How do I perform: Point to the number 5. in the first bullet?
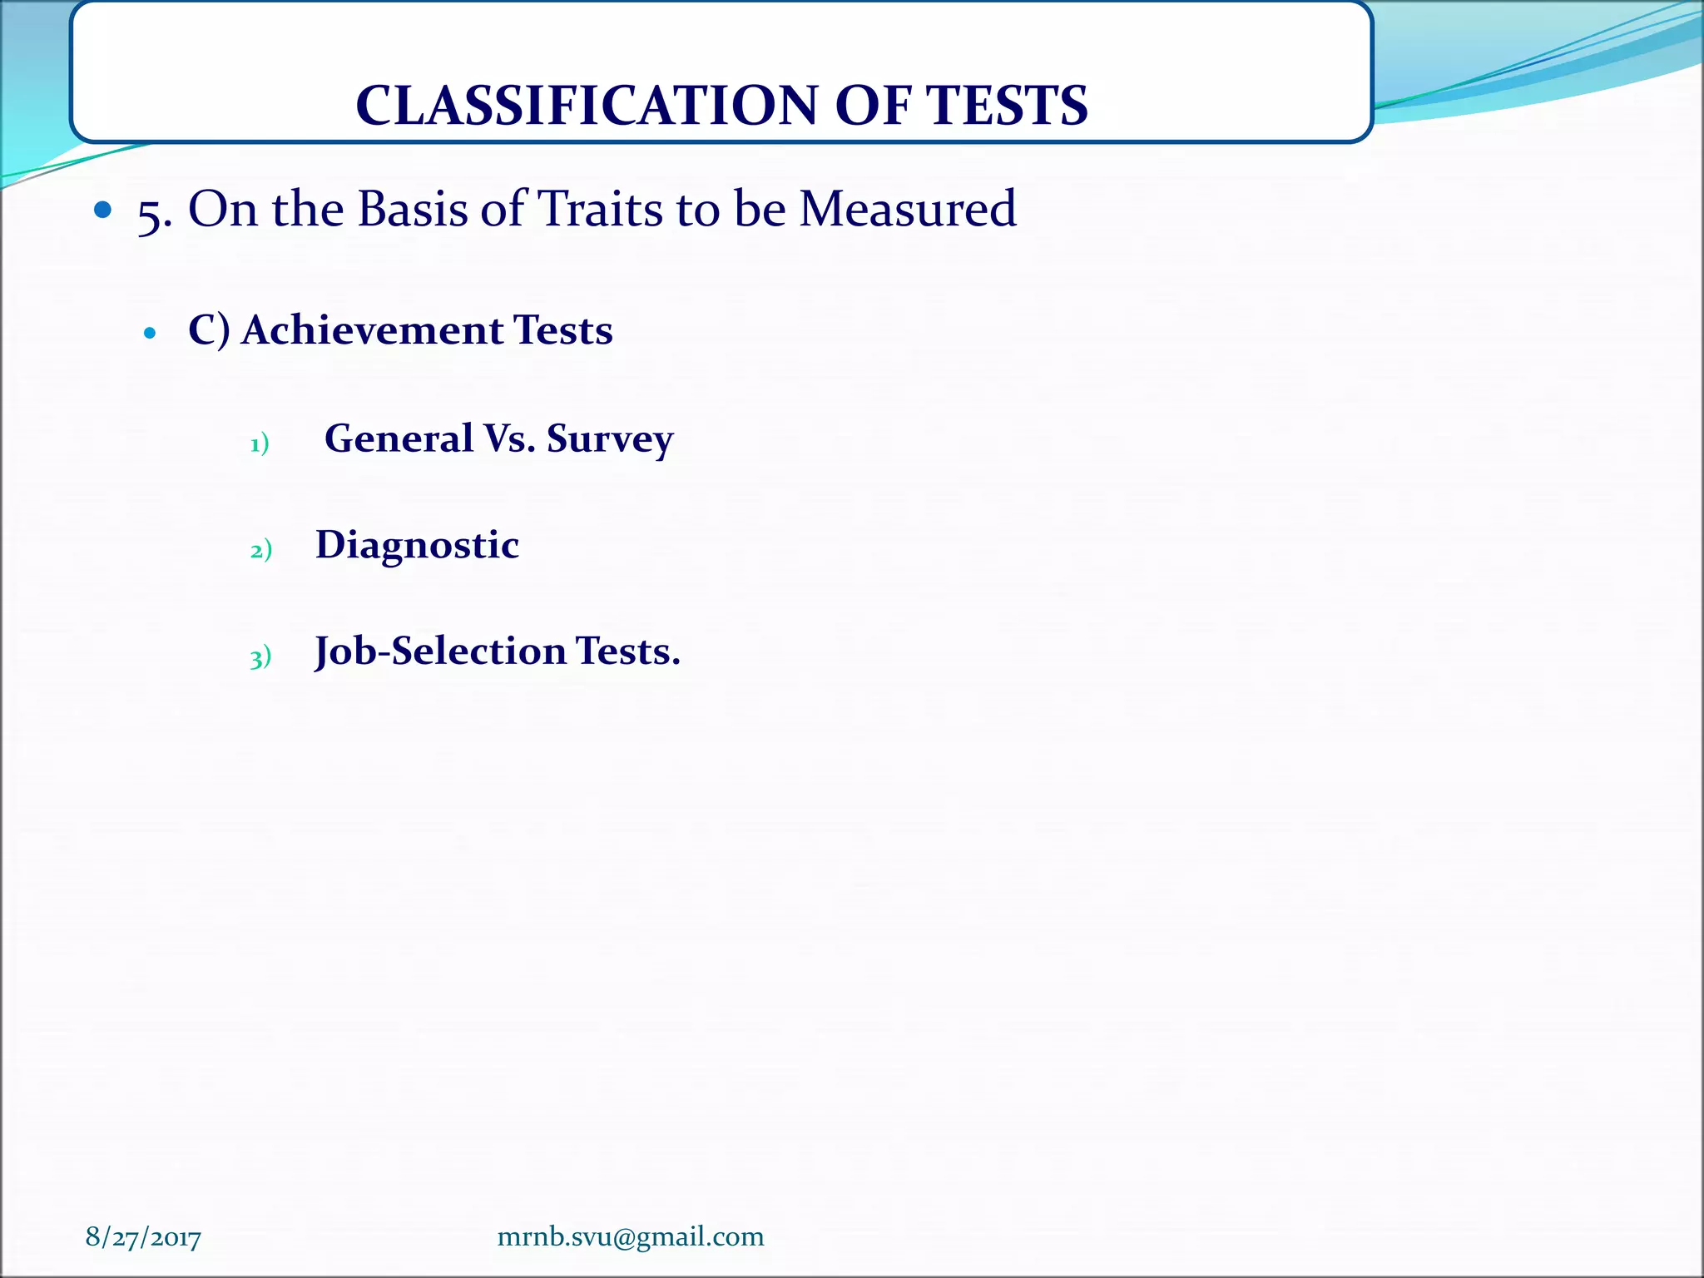[155, 212]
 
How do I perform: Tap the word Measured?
[908, 208]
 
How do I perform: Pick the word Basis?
[413, 208]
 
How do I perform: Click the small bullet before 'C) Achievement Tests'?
[150, 334]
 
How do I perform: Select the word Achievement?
[373, 329]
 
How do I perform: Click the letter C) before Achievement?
[208, 330]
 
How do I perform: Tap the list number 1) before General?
[260, 443]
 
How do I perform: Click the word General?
[399, 438]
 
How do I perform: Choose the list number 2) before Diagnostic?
[260, 550]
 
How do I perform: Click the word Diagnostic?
[417, 546]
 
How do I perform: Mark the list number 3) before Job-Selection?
[260, 658]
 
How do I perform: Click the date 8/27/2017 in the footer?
[143, 1237]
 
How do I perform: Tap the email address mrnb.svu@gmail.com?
[631, 1236]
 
